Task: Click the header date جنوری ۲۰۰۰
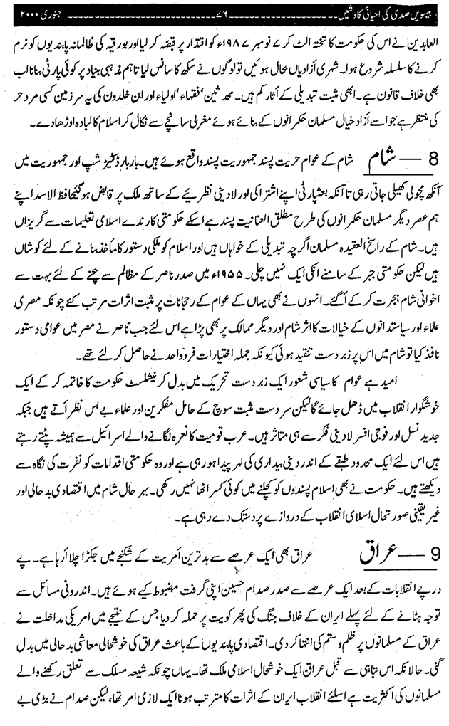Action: coord(33,12)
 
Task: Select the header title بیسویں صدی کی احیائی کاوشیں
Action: coord(386,12)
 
